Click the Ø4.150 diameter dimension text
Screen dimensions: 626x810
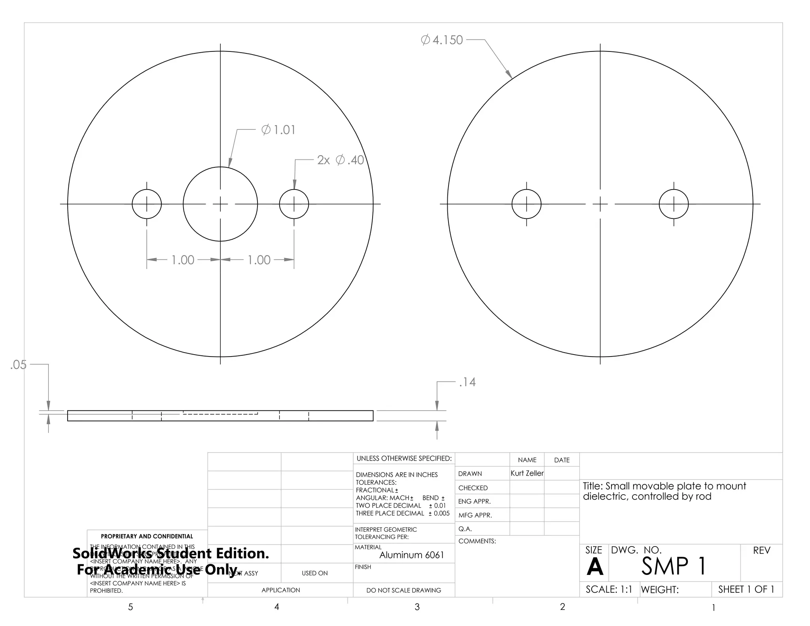click(x=442, y=40)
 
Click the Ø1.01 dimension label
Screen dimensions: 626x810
click(x=278, y=130)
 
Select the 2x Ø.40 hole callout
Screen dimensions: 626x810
click(x=340, y=160)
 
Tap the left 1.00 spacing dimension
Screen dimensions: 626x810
click(x=183, y=260)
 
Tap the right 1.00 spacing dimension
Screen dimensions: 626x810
click(x=259, y=260)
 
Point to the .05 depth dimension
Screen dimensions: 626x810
click(x=18, y=364)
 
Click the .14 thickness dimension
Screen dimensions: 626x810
click(x=467, y=382)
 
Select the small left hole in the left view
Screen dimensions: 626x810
click(x=147, y=204)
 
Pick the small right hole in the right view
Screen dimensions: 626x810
click(x=674, y=204)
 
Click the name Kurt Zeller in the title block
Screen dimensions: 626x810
click(x=527, y=473)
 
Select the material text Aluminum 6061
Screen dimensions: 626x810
click(x=411, y=555)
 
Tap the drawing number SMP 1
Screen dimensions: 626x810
click(x=674, y=566)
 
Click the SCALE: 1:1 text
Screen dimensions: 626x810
click(x=609, y=589)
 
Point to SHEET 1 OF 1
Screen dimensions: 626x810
click(x=746, y=589)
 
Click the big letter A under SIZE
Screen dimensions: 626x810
click(x=594, y=567)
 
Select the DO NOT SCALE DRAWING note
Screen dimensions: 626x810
click(x=403, y=590)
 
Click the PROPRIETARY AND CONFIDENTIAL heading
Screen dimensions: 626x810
click(x=147, y=536)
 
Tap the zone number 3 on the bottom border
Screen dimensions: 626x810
click(x=417, y=607)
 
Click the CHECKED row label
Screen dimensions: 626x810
click(x=473, y=488)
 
